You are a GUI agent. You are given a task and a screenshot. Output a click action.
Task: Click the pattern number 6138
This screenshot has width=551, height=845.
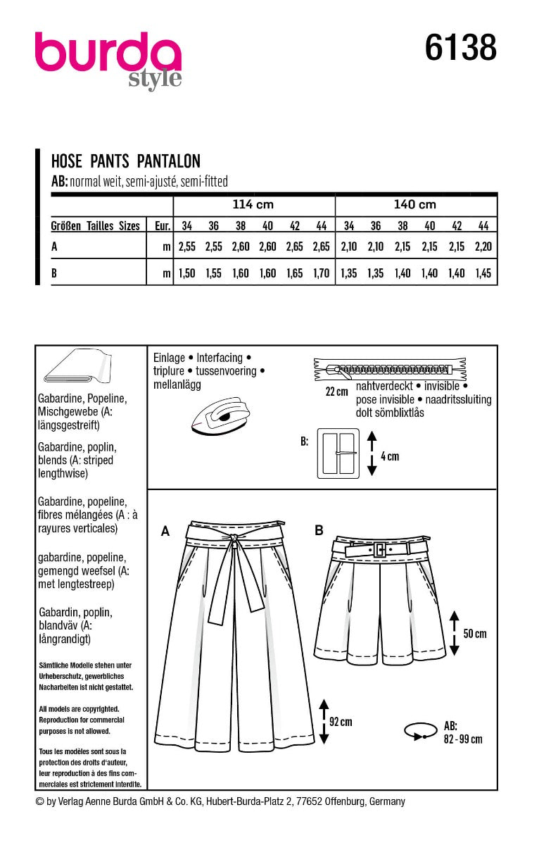460,49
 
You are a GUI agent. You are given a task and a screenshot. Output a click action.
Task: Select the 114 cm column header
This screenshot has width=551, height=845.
253,205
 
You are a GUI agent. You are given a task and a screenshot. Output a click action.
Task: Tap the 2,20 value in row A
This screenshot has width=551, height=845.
484,247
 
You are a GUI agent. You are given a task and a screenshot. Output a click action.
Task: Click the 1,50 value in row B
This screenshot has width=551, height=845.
186,274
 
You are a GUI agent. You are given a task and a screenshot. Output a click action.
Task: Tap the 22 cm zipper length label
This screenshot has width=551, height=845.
336,392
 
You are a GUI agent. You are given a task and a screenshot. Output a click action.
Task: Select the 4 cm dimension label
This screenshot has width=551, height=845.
389,456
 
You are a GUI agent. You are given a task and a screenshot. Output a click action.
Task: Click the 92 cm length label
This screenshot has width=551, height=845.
341,722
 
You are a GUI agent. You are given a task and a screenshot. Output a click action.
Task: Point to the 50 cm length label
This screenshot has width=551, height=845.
475,634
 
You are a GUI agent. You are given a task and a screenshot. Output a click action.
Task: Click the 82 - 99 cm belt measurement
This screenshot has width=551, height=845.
463,739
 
